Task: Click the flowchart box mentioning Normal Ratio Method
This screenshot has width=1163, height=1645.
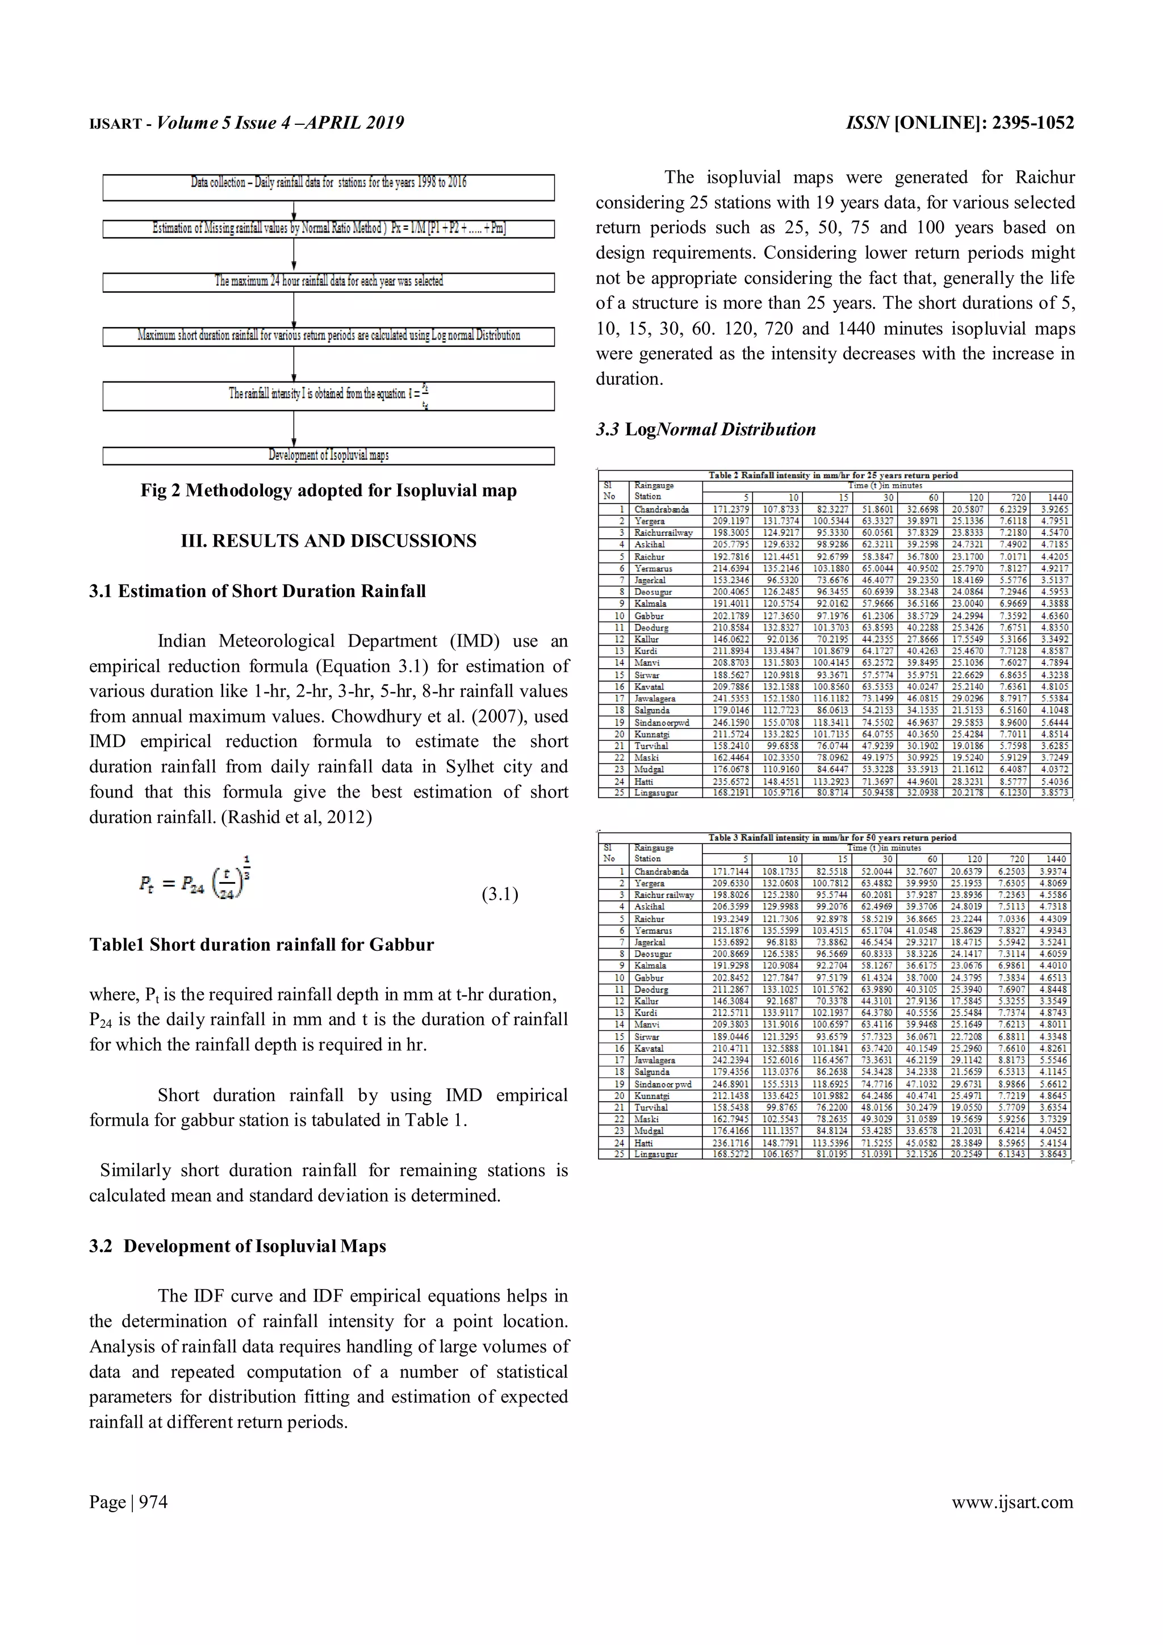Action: click(x=328, y=229)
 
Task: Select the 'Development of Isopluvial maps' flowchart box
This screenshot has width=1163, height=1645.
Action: click(x=328, y=456)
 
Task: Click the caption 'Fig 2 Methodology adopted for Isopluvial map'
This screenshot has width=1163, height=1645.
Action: click(x=328, y=491)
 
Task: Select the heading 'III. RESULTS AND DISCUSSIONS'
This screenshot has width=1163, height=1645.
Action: click(x=328, y=541)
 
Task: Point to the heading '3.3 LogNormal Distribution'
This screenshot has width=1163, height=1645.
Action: click(x=705, y=430)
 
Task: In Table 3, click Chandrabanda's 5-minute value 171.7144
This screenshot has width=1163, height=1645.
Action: click(x=730, y=872)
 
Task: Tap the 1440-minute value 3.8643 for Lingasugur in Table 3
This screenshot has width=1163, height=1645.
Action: click(x=1053, y=1154)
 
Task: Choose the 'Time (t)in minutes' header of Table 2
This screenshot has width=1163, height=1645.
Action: click(x=885, y=486)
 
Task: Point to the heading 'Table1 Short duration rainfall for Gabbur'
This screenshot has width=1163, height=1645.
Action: click(x=262, y=945)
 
